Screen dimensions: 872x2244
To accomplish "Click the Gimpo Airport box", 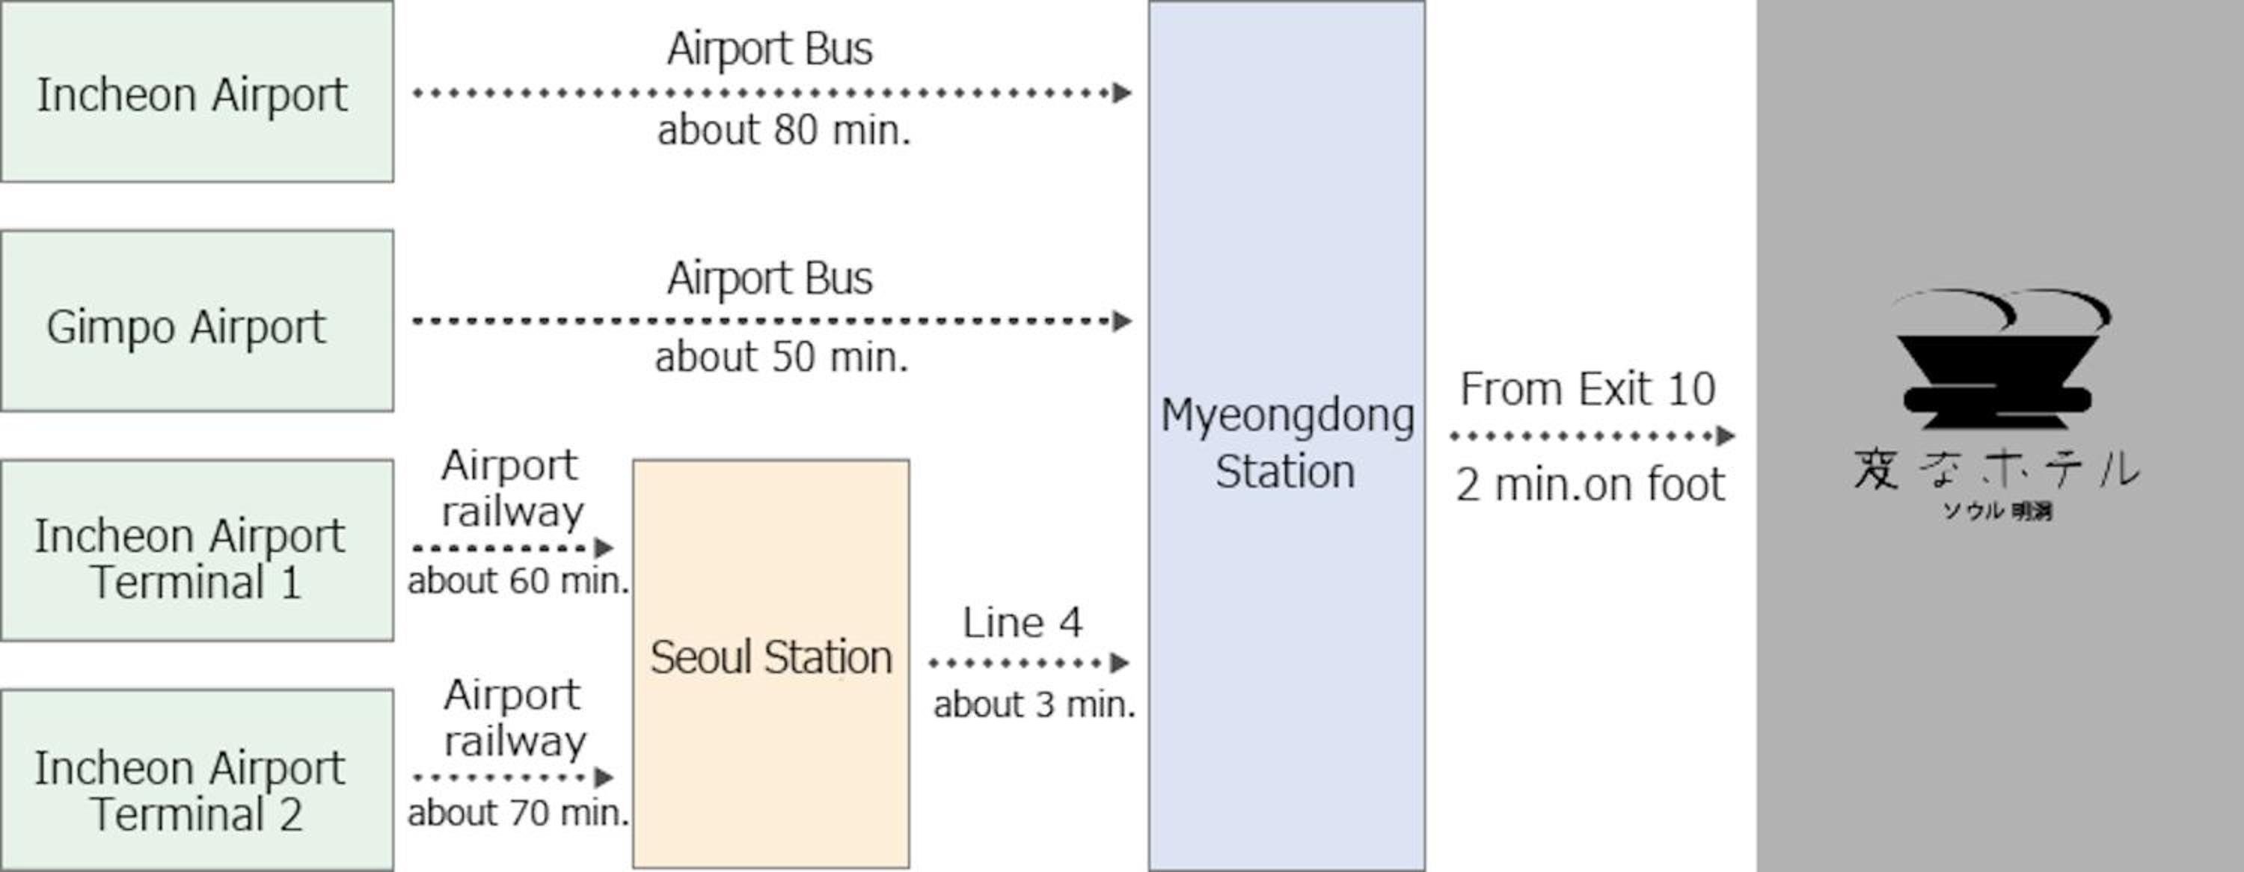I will pyautogui.click(x=197, y=321).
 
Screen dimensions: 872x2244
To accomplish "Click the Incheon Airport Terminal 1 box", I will pyautogui.click(x=197, y=550).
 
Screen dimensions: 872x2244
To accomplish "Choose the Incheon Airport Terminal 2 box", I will pyautogui.click(x=197, y=781).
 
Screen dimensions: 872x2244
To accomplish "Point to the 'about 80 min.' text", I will pyautogui.click(x=783, y=131).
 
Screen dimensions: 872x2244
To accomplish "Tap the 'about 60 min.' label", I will pyautogui.click(x=518, y=581).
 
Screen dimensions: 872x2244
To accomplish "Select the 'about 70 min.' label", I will pyautogui.click(x=518, y=813).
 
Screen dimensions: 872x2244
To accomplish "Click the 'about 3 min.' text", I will pyautogui.click(x=1034, y=704).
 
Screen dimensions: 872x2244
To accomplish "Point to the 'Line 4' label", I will pyautogui.click(x=1022, y=623).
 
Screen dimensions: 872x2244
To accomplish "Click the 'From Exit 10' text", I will pyautogui.click(x=1587, y=389).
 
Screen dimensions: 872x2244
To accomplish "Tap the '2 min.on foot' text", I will pyautogui.click(x=1589, y=485).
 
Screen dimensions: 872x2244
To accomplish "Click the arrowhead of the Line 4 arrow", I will pyautogui.click(x=1121, y=663).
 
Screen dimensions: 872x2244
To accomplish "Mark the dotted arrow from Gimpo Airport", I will pyautogui.click(x=771, y=322).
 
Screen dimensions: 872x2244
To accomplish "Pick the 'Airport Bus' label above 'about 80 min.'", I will pyautogui.click(x=769, y=49).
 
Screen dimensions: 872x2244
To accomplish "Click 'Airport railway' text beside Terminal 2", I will pyautogui.click(x=514, y=718).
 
